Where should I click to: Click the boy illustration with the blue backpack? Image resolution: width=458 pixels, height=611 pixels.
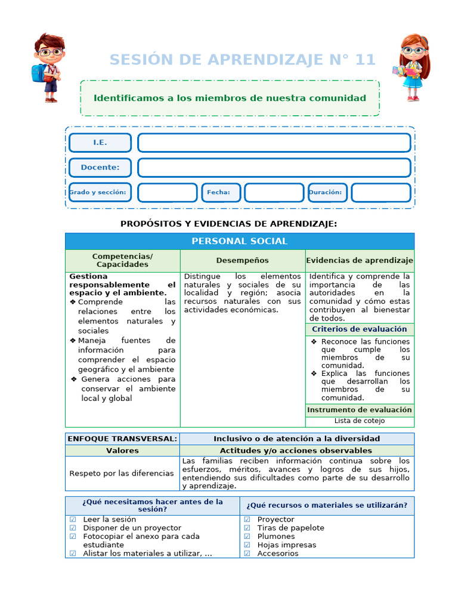coord(48,67)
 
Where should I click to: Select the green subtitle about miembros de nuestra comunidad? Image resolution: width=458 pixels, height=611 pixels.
coord(230,98)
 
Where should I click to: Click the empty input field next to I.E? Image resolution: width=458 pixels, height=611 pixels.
coord(274,143)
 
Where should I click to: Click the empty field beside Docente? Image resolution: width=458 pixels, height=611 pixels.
coord(274,168)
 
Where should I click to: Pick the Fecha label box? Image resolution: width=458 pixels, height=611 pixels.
coord(221,193)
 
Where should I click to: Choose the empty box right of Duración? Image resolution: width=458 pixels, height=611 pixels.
coord(380,193)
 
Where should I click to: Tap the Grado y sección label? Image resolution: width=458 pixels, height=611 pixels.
coord(100,193)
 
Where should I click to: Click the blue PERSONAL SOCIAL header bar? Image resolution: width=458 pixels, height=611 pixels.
coord(239,241)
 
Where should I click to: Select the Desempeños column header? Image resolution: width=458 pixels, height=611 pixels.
coord(242,261)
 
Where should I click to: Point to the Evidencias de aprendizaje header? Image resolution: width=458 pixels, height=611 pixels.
coord(359,261)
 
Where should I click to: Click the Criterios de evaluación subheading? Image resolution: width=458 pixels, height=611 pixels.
coord(359,329)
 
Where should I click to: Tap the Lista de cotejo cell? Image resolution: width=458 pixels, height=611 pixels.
coord(359,421)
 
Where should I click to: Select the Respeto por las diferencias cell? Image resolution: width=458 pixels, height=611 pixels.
coord(122,473)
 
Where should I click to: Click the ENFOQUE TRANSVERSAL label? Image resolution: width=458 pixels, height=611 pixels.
coord(122,439)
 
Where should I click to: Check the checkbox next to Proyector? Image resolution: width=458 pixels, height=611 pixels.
coord(247,520)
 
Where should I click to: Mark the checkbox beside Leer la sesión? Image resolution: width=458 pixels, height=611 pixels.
coord(73,520)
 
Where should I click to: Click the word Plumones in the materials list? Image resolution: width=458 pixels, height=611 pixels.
coord(276,536)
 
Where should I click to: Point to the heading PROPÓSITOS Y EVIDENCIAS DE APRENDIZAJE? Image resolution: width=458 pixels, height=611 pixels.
coord(228,224)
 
